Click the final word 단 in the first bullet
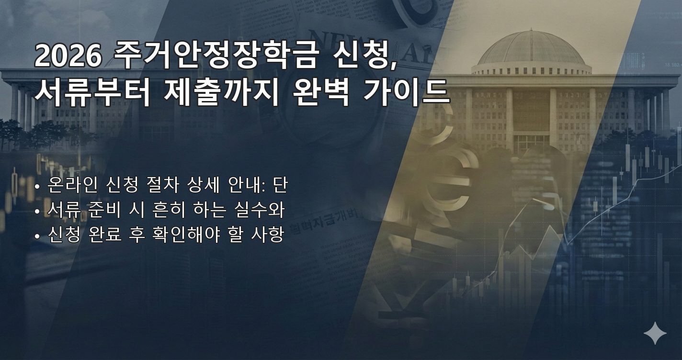280,185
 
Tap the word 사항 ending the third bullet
268,235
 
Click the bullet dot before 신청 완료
37,236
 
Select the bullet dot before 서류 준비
37,211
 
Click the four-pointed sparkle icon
655,333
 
